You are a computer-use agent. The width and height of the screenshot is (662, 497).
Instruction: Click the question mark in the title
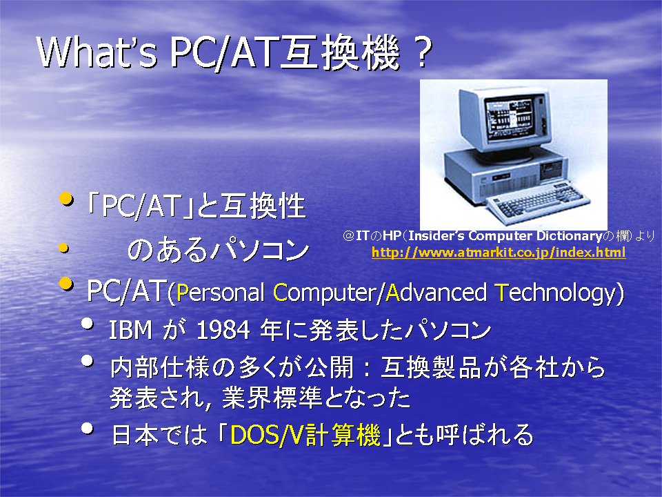point(420,52)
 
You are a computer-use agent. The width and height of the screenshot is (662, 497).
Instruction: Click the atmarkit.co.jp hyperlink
point(499,253)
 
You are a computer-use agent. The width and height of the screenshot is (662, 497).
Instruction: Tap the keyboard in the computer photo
point(538,202)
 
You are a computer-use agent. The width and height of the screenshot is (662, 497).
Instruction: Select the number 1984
point(223,330)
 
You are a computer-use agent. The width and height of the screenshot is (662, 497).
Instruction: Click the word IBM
point(130,330)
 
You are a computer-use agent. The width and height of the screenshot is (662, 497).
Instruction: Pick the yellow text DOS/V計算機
point(305,434)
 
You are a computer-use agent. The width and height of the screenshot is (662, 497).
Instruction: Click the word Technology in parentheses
point(555,293)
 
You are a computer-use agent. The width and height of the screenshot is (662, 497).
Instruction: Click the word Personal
point(221,293)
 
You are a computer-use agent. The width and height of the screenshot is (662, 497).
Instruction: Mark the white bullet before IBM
point(88,323)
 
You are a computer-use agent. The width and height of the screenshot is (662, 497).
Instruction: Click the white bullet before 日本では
point(88,428)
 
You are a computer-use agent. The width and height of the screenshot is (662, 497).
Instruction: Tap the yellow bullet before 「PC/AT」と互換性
point(66,198)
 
